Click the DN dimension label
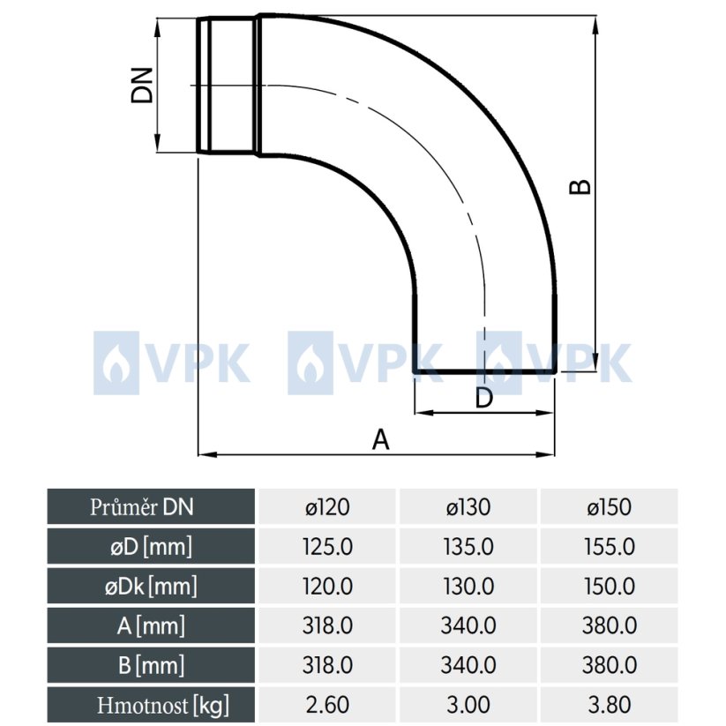coord(142,86)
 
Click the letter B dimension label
coord(580,186)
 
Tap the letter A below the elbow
coord(380,438)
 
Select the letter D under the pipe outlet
coord(483,398)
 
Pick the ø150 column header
coord(609,506)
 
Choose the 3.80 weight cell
coord(609,705)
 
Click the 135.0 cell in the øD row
coord(468,546)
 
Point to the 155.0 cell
coord(609,546)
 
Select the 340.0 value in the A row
coord(468,625)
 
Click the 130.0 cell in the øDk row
coord(468,586)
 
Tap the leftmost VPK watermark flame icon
coord(116,358)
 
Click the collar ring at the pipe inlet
coord(227,86)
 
